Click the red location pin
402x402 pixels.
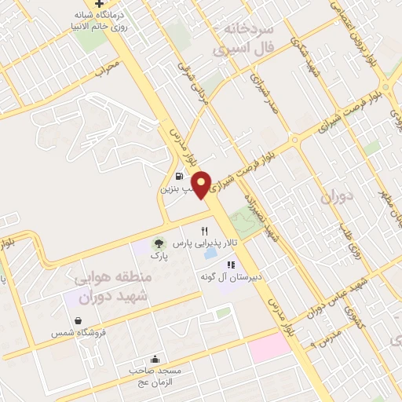[203, 184]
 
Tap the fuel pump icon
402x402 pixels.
[181, 176]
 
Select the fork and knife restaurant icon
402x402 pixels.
[204, 231]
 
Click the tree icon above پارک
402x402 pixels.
[159, 243]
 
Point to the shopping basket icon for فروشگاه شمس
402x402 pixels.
[79, 320]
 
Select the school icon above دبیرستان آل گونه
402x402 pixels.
[231, 265]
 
